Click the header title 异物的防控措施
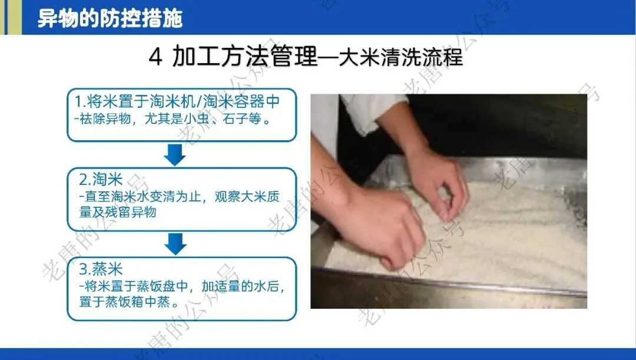110,18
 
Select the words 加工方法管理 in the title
245,57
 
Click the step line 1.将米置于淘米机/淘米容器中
178,101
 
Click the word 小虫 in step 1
196,119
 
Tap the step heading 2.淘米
101,179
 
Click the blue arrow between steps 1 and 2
175,154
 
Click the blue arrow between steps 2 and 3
175,244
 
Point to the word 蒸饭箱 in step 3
124,302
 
